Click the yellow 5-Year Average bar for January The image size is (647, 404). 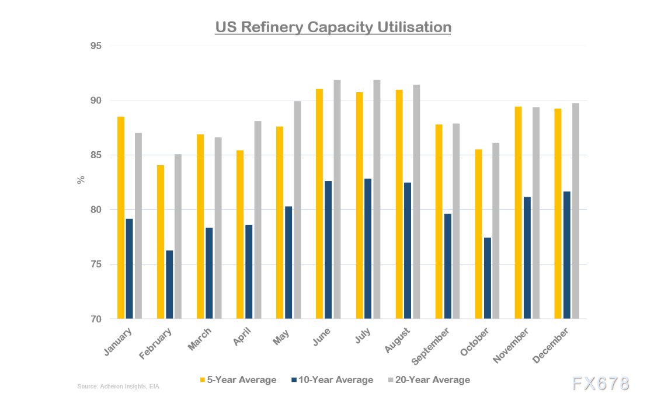[121, 218]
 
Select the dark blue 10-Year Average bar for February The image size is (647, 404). [169, 284]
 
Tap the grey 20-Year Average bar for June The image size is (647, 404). [338, 199]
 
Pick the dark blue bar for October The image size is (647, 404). [486, 278]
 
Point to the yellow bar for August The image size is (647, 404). [399, 204]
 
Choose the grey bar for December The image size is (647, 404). [575, 211]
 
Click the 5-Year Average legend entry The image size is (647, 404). [238, 380]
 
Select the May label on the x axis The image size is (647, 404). [282, 337]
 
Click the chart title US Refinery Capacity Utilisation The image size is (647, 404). [333, 27]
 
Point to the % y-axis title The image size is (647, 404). [81, 180]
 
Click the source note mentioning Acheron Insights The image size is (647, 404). [118, 386]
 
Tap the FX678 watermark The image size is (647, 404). [600, 384]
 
